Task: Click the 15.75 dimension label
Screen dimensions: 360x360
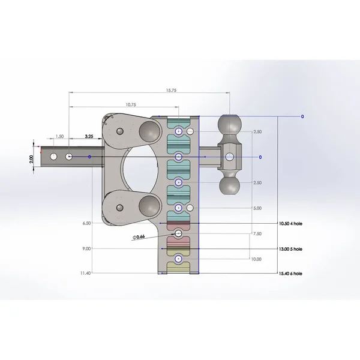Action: point(171,90)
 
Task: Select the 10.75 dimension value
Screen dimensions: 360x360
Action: point(131,104)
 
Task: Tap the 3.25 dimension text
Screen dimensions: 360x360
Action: point(89,136)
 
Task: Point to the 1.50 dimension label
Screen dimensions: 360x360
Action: point(59,136)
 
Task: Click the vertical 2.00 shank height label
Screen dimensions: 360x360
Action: point(31,159)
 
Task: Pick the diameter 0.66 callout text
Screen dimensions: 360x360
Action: point(139,237)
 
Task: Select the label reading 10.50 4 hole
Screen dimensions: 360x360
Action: point(290,223)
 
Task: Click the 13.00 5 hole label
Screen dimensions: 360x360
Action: point(290,249)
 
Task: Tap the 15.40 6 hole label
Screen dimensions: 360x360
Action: point(290,274)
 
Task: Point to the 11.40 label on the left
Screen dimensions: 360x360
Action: point(85,273)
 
